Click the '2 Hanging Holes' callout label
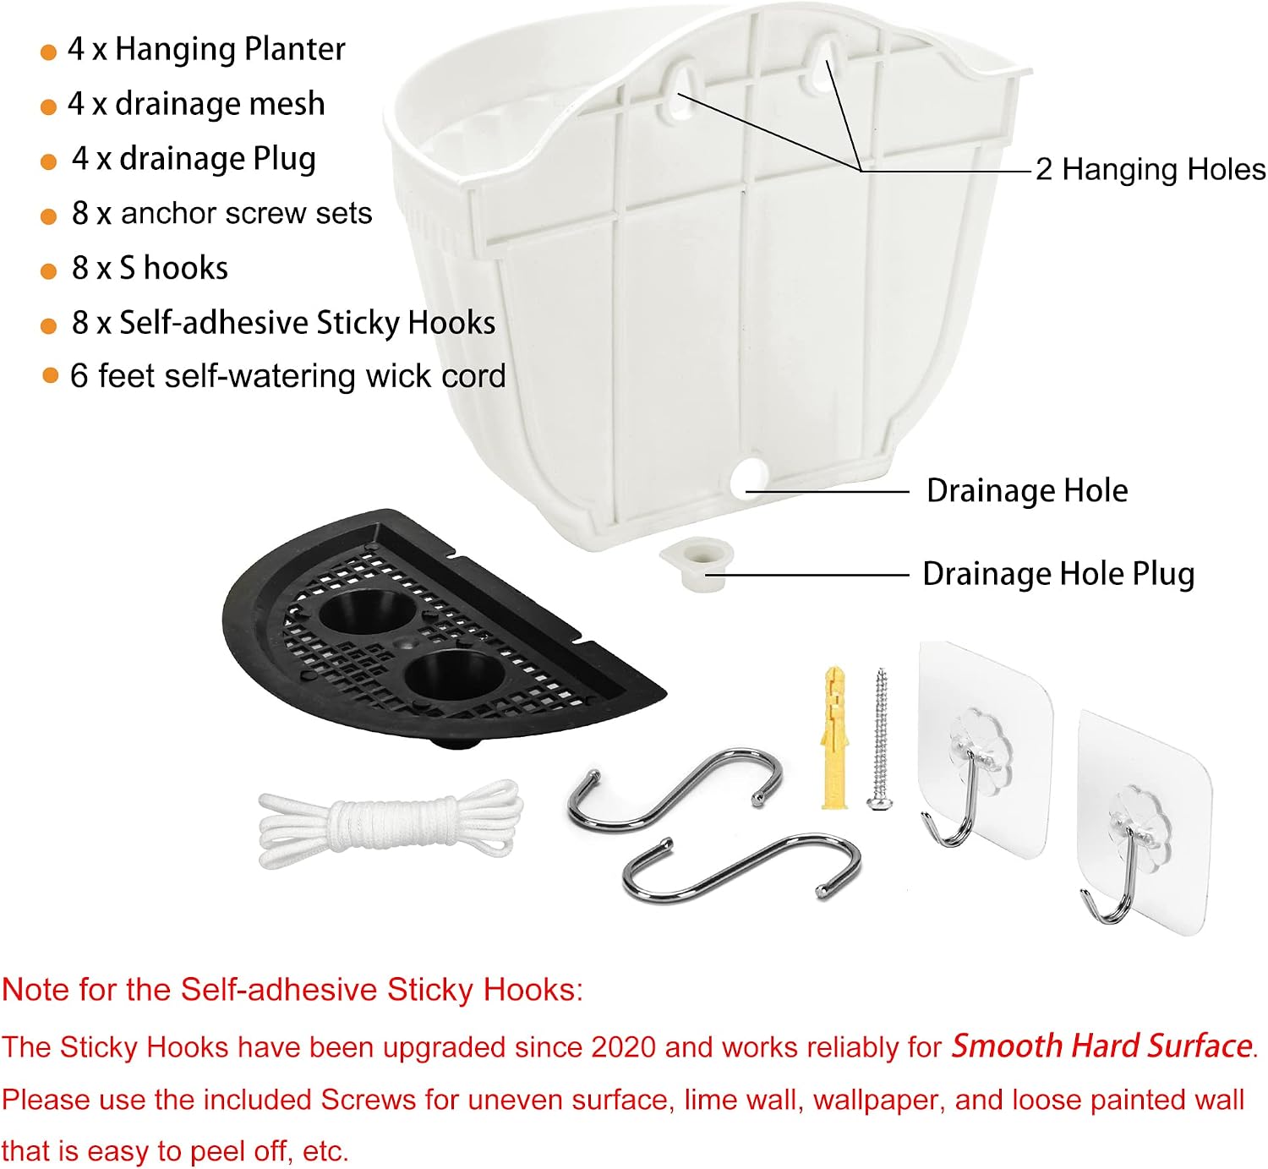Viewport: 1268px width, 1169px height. coord(1150,170)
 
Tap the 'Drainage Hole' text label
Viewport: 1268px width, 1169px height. coord(1027,490)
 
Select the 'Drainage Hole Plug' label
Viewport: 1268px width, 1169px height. coord(1058,573)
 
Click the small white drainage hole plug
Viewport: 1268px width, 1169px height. coord(697,564)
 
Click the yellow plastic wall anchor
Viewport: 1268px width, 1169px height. coord(833,737)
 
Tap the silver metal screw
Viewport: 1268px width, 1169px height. coord(881,739)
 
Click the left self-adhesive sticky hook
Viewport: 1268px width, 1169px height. coord(983,751)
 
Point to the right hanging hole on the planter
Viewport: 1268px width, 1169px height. coord(825,64)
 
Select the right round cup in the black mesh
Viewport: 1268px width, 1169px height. coord(455,675)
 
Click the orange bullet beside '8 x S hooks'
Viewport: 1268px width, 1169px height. coord(48,271)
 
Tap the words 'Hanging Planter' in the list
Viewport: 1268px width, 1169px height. coord(230,50)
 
